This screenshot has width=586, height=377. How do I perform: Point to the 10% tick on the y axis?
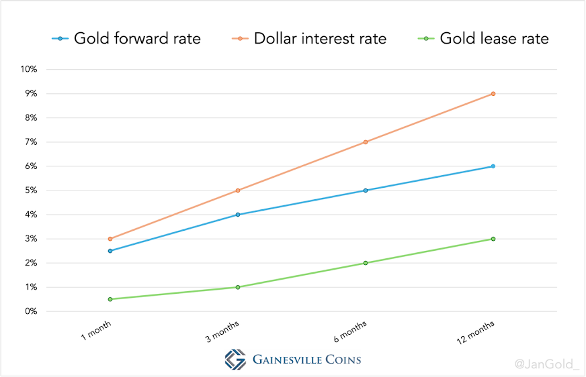pyautogui.click(x=28, y=69)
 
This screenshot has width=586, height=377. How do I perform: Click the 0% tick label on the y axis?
pyautogui.click(x=31, y=311)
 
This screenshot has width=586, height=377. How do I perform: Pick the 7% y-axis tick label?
pyautogui.click(x=31, y=142)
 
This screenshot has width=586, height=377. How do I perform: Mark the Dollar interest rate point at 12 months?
pyautogui.click(x=493, y=94)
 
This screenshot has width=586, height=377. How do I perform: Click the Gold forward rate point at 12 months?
pyautogui.click(x=493, y=166)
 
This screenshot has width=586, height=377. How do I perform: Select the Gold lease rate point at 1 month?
pyautogui.click(x=110, y=299)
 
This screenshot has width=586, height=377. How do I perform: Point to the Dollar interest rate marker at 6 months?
pyautogui.click(x=366, y=142)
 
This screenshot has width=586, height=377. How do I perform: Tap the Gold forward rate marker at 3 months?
pyautogui.click(x=238, y=215)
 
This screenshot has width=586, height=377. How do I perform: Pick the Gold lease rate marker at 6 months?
pyautogui.click(x=366, y=263)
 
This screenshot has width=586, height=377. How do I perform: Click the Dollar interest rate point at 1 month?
pyautogui.click(x=110, y=239)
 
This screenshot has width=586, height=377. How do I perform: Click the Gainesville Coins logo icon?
pyautogui.click(x=235, y=360)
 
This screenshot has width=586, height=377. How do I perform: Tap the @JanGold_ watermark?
pyautogui.click(x=546, y=364)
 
